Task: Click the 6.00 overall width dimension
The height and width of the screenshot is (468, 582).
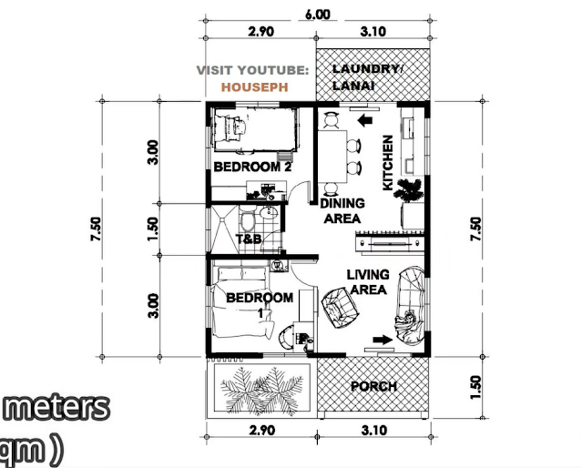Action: coord(317,15)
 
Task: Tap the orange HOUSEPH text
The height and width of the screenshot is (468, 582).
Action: coord(255,87)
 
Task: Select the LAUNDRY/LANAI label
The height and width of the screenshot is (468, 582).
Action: coord(367,77)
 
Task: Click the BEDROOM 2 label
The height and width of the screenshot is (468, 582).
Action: coord(253,167)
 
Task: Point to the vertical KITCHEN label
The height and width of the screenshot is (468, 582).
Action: coord(387,163)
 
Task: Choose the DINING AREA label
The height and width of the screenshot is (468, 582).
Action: coord(342,211)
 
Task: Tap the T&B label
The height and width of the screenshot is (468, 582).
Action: coord(249,239)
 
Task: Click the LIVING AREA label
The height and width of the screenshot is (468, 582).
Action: coord(368,282)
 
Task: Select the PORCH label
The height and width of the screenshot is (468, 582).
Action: coord(373,386)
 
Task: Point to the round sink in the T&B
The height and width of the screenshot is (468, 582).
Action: coord(269,213)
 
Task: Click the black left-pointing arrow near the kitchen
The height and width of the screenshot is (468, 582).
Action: coord(365,120)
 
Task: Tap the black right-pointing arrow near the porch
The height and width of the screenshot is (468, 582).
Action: coord(383,340)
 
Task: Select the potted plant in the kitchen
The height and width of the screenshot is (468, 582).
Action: coord(409,190)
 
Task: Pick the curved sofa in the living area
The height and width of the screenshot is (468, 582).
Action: coord(411,305)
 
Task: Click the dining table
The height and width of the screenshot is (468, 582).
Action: coord(332,157)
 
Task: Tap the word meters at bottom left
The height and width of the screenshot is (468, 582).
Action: coord(56,408)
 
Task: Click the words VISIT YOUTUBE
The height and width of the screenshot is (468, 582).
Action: coord(252,70)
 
